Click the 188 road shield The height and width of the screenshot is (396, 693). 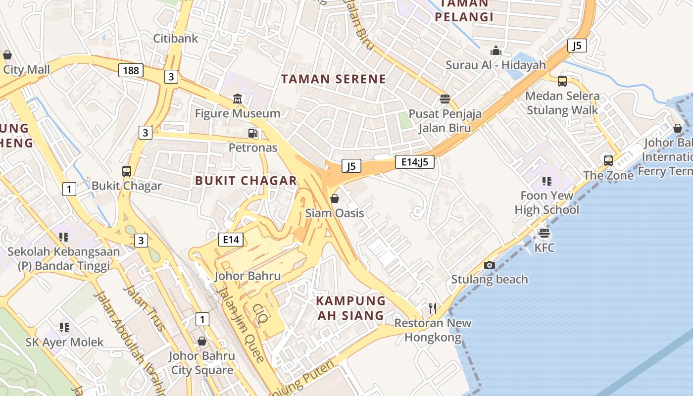(131, 70)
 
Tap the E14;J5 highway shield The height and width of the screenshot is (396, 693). (414, 161)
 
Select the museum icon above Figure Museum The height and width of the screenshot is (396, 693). (238, 99)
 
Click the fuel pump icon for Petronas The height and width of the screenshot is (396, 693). (253, 133)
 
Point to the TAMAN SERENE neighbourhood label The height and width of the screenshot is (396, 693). (333, 79)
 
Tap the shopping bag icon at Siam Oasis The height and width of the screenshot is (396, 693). (335, 198)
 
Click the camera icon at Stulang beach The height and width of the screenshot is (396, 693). (490, 265)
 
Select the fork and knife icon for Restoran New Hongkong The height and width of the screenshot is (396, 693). (433, 308)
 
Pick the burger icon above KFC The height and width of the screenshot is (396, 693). (544, 233)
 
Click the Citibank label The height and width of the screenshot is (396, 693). (175, 38)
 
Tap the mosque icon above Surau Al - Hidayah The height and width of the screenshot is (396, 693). (495, 50)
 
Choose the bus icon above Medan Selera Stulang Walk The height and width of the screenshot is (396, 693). (562, 81)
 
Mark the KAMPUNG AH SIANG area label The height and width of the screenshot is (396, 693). (350, 308)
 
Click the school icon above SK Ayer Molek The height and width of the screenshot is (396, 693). (64, 327)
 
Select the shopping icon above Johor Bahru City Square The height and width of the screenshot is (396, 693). (201, 341)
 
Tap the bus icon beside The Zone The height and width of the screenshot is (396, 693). (608, 160)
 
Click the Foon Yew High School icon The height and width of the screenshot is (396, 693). (546, 181)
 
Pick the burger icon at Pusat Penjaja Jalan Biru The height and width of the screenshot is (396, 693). (445, 99)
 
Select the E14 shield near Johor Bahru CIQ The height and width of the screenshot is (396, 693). (231, 240)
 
